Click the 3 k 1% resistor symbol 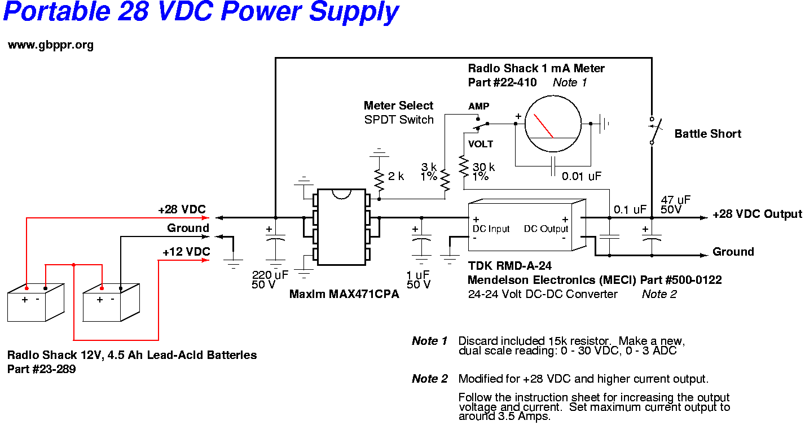click(x=445, y=179)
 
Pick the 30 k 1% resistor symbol click(x=464, y=166)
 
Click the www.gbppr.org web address click(x=50, y=45)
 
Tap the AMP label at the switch click(x=478, y=106)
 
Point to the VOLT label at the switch click(x=480, y=144)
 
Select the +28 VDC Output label click(x=757, y=214)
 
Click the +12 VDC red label click(x=186, y=252)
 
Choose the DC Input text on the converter click(x=491, y=229)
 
